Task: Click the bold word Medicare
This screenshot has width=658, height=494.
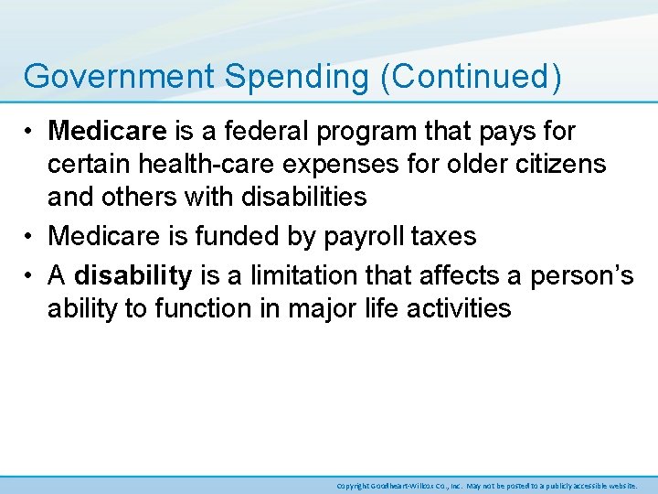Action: click(107, 132)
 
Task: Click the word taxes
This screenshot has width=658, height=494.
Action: click(444, 236)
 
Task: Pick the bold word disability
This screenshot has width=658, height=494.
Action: click(133, 275)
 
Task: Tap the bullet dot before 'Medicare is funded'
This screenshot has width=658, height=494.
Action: click(31, 236)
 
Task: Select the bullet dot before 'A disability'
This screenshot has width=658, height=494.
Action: click(31, 275)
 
